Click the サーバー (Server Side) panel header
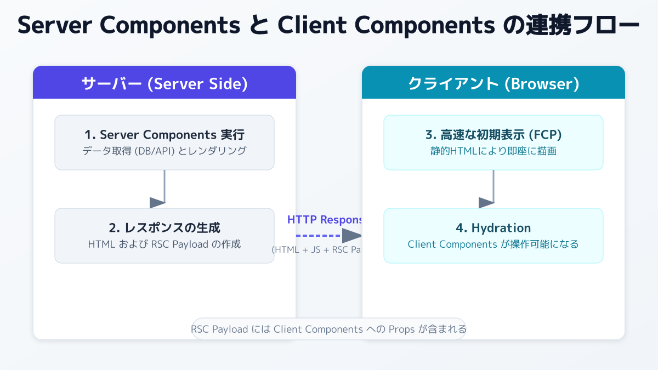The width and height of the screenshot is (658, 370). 164,84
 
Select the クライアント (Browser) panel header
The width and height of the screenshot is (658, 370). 493,84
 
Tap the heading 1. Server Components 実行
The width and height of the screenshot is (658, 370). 164,135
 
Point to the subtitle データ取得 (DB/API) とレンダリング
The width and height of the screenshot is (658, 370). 164,151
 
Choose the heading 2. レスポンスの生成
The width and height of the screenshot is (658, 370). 164,228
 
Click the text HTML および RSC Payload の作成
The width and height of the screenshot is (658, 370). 164,244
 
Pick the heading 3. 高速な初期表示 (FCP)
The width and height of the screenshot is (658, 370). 493,135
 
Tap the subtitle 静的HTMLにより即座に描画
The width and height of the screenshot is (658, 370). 493,151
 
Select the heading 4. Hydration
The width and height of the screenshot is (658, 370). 493,228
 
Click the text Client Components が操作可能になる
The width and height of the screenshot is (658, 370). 493,244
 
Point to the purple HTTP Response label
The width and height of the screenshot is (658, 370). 325,220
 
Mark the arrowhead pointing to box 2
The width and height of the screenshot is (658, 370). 158,202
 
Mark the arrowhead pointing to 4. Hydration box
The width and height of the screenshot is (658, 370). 486,202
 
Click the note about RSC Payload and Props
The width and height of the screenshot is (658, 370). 329,329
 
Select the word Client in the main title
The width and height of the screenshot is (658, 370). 310,26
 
